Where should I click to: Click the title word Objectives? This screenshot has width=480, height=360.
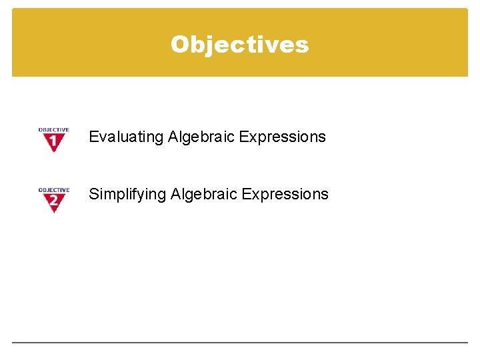tap(239, 44)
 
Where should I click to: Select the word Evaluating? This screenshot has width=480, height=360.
tap(126, 137)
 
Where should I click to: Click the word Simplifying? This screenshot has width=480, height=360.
tap(127, 194)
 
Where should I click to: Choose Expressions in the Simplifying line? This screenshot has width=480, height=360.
tap(285, 194)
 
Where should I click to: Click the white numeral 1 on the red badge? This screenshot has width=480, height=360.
tap(53, 141)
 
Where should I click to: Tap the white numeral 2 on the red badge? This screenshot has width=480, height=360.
tap(53, 199)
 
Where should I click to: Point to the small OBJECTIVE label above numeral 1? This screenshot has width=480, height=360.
tap(53, 130)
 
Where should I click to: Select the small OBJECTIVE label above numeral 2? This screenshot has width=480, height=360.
tap(53, 190)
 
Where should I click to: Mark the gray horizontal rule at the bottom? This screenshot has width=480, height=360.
tap(240, 343)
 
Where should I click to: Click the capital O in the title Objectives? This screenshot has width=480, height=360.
tap(179, 44)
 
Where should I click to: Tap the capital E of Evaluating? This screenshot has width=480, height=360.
tap(93, 137)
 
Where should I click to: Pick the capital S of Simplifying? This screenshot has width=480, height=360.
tap(93, 194)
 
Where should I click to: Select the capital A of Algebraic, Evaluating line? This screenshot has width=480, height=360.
tap(173, 137)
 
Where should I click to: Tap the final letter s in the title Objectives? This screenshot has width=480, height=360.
tap(303, 45)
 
